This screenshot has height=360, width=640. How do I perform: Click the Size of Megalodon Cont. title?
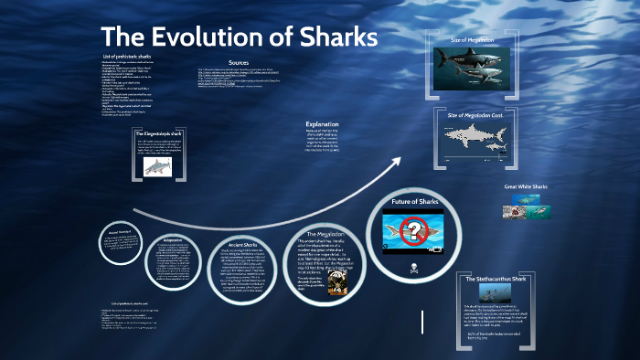coord(475,114)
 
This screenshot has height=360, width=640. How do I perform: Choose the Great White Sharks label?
coord(525,187)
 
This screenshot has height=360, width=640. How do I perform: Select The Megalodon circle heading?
coord(324,235)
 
